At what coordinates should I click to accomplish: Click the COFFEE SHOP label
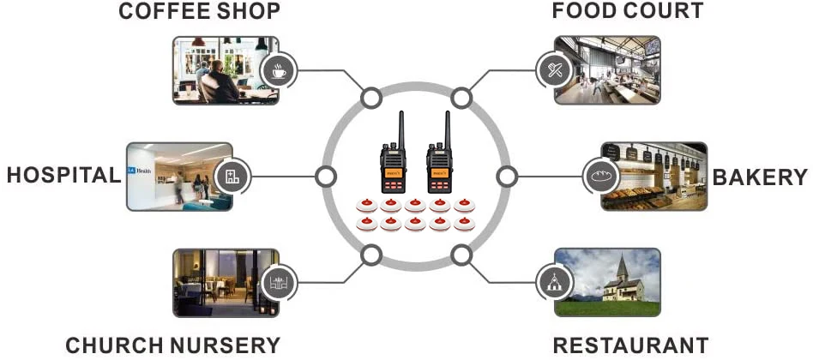[x=199, y=11]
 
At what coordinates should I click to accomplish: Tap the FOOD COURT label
[x=628, y=10]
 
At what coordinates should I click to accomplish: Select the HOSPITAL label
[x=63, y=176]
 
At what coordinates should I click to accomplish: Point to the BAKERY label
[x=760, y=177]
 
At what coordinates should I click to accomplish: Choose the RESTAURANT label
[x=630, y=345]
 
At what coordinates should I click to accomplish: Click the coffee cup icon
[x=279, y=71]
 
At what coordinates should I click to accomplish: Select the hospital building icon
[x=232, y=176]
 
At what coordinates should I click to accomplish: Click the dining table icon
[x=279, y=283]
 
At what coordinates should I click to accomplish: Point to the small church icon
[x=554, y=282]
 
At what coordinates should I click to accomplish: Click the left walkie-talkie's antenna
[x=400, y=129]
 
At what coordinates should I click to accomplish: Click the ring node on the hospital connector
[x=326, y=177]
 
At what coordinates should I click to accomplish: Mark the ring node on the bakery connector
[x=507, y=177]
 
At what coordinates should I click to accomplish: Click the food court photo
[x=607, y=70]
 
